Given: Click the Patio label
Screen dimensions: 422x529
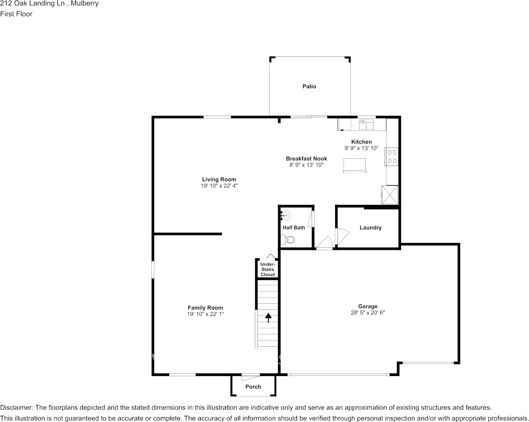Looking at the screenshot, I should click(309, 86).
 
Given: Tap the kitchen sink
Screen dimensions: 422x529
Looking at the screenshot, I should click(366, 124).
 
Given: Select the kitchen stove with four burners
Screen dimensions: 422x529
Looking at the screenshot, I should click(392, 156).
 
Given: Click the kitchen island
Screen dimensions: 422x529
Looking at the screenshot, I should click(354, 165).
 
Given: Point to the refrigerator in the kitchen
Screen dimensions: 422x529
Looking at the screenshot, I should click(389, 194).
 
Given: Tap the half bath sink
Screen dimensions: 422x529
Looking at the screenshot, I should click(285, 216).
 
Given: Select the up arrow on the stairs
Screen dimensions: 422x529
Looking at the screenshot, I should click(269, 318).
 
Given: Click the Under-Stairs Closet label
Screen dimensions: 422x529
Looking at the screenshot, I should click(268, 269).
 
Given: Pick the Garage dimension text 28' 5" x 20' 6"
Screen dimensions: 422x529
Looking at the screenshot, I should click(367, 313).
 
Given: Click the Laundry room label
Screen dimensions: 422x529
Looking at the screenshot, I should click(370, 228).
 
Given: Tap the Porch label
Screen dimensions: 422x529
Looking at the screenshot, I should click(253, 387).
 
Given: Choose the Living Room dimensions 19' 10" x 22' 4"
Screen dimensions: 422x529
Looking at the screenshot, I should click(219, 186).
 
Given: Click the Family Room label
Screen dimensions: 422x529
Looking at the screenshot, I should click(205, 308).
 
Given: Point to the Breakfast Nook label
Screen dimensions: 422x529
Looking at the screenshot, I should click(306, 158).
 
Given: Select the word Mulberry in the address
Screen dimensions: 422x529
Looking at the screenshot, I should click(85, 4).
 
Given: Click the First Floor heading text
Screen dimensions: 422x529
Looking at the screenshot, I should click(16, 14).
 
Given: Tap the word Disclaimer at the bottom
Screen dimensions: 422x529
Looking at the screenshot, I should click(16, 408).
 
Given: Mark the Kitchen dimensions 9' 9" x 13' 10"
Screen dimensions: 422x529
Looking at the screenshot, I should click(361, 148).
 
